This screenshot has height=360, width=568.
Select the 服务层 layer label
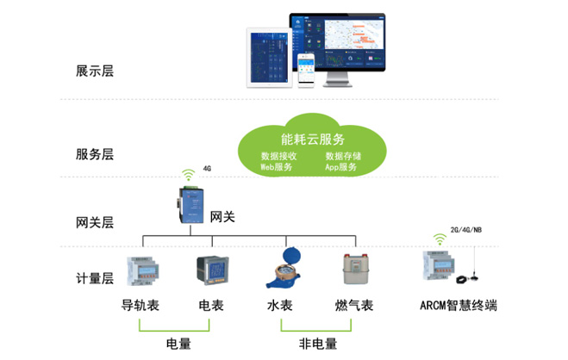point(95,154)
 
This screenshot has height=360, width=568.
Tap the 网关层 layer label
point(95,222)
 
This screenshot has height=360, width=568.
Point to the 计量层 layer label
point(95,278)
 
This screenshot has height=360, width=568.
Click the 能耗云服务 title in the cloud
point(312,139)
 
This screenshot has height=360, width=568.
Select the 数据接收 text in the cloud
point(278,156)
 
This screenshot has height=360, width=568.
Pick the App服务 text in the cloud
point(341,167)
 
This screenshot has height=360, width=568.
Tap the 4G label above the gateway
point(207,169)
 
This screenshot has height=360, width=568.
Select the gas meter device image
point(353,270)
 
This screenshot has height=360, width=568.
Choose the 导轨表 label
point(141,307)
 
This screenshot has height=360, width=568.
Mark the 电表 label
point(211,307)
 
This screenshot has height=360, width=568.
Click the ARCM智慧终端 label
point(459,307)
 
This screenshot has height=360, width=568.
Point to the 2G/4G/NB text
point(465,231)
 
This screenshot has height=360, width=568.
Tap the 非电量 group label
point(317,344)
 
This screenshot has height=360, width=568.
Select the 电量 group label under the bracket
point(178,344)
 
